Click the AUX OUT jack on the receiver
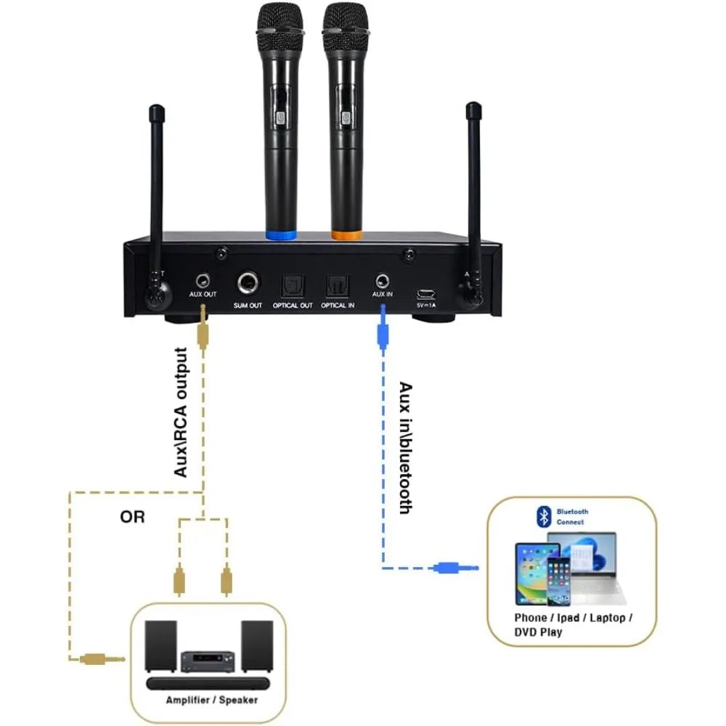(203, 281)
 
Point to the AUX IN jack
(382, 281)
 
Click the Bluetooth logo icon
(542, 516)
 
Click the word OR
(132, 517)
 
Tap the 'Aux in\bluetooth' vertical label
(405, 448)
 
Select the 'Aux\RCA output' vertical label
(181, 412)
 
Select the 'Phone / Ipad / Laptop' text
(573, 617)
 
